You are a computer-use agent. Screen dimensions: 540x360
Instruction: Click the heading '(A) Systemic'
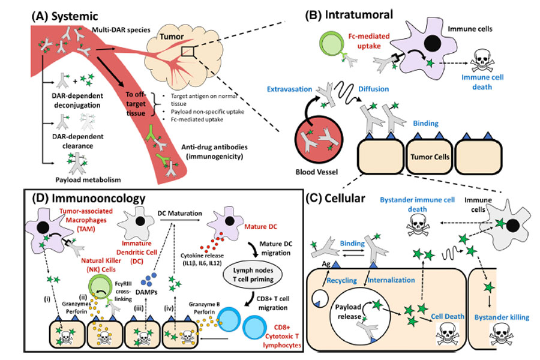(x=65, y=16)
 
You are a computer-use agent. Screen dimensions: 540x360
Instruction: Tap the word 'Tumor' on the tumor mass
(x=172, y=37)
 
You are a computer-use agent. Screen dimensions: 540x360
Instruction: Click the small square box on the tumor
(x=188, y=52)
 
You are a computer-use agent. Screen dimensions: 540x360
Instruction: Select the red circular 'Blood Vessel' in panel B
(x=319, y=140)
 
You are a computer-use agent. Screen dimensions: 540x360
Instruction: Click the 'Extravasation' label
(x=289, y=89)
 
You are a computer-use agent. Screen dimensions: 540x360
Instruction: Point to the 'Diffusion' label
(x=374, y=89)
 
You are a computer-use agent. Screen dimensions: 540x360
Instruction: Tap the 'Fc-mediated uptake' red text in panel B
(x=369, y=41)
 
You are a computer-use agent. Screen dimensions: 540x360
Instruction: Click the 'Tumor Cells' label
(x=430, y=157)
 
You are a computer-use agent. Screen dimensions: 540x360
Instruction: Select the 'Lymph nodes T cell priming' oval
(x=253, y=275)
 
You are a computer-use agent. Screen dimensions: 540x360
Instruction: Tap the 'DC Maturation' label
(x=180, y=213)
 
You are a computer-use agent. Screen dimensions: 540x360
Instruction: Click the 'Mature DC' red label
(x=261, y=227)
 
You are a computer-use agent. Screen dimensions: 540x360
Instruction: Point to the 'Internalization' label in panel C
(x=391, y=280)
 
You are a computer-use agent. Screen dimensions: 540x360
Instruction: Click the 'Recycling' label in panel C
(x=341, y=280)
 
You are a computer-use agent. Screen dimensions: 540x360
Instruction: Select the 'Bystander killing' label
(x=502, y=317)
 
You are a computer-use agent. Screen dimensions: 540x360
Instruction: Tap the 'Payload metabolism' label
(x=88, y=180)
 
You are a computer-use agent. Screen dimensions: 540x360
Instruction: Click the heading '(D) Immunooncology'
(x=89, y=199)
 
